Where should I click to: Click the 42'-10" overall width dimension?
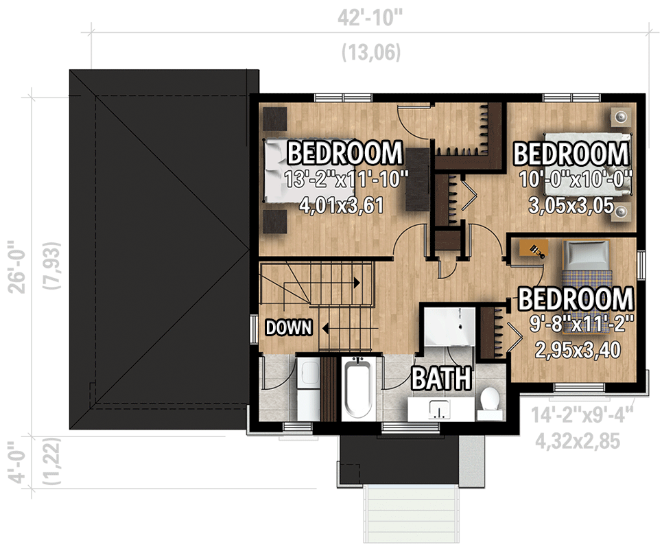(370, 18)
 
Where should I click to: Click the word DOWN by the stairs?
(289, 328)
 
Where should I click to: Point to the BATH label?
(441, 378)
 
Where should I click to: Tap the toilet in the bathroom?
(490, 403)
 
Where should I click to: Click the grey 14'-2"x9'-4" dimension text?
(580, 417)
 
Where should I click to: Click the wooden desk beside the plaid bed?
(532, 248)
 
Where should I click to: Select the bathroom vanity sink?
(436, 410)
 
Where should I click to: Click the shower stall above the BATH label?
(447, 328)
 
